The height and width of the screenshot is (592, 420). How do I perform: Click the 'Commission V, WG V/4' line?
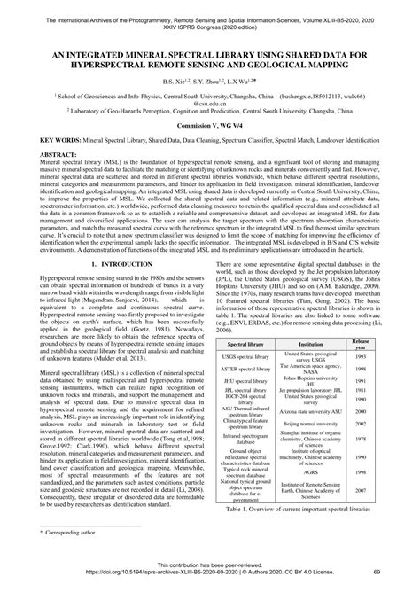[209, 127]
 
